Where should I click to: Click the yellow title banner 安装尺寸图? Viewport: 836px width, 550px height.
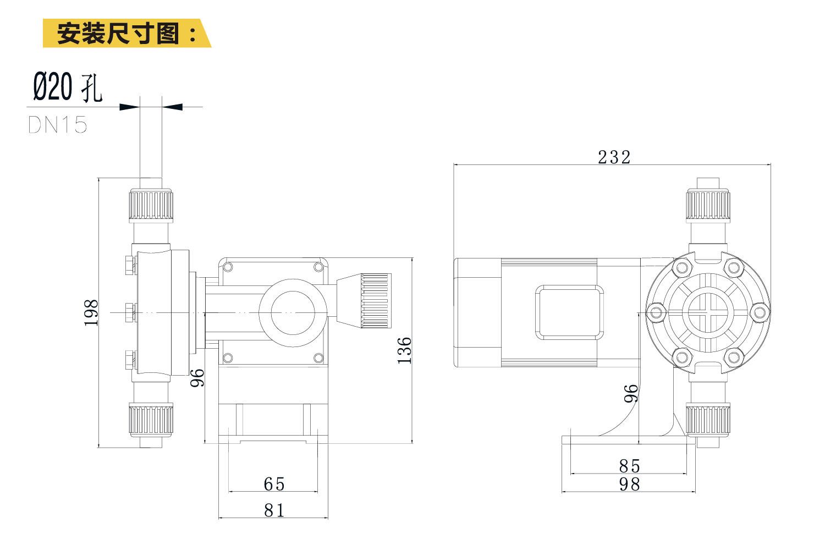click(x=127, y=33)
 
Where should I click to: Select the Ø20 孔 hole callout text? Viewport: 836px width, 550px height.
click(x=68, y=87)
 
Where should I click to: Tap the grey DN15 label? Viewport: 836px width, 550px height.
click(x=58, y=125)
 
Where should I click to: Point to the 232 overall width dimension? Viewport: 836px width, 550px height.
click(x=614, y=157)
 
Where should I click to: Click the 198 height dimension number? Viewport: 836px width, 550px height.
click(x=91, y=313)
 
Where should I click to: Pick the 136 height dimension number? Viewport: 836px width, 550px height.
click(x=404, y=350)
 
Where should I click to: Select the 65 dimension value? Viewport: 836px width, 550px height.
click(x=274, y=484)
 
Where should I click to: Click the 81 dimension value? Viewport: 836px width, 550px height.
click(x=274, y=510)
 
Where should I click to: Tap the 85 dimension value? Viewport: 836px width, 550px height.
click(x=630, y=466)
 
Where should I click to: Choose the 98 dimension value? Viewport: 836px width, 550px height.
click(x=630, y=485)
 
